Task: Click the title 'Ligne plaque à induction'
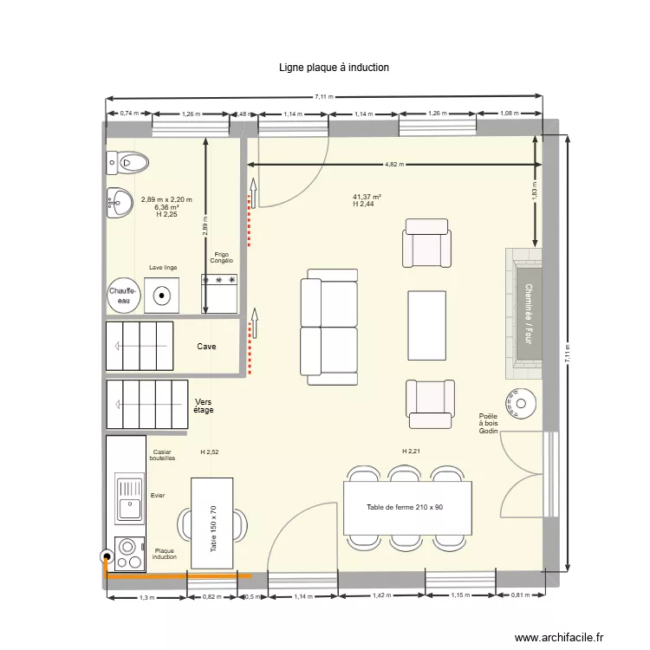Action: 334,67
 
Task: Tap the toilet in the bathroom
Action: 128,161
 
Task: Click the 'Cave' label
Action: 206,347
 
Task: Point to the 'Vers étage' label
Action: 204,406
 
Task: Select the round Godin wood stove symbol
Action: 523,401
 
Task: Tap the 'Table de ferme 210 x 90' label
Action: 405,507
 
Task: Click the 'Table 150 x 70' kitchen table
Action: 213,523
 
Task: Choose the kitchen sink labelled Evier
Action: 130,500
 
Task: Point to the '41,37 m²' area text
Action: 367,197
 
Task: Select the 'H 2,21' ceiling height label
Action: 411,452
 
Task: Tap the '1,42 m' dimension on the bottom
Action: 381,596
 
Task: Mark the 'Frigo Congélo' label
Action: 221,258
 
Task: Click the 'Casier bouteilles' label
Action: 162,455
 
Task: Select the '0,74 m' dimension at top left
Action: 128,114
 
